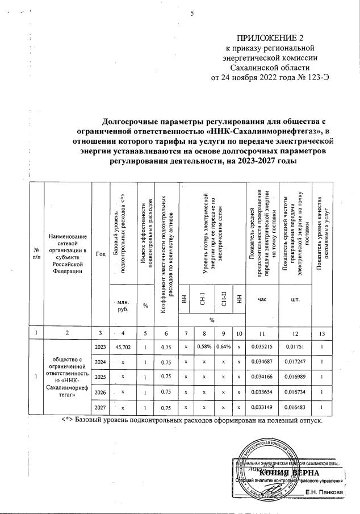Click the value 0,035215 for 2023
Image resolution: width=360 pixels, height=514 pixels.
(262, 346)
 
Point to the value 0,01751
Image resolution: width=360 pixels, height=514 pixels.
(295, 346)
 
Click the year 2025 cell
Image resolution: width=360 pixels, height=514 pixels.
(99, 377)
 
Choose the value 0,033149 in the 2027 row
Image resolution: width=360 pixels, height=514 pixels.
(262, 407)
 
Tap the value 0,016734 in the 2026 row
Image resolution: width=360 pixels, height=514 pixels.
(295, 392)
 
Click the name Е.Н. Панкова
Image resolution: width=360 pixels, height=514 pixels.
(324, 492)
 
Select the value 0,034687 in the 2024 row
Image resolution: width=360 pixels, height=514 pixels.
(262, 361)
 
